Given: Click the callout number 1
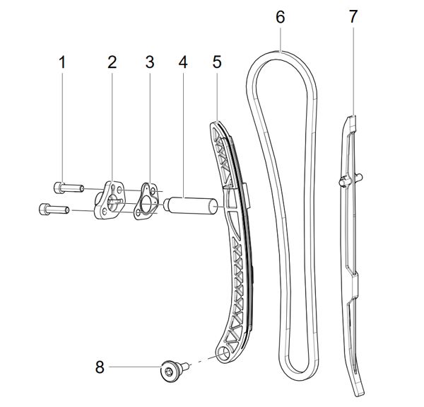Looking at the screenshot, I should tap(62, 62).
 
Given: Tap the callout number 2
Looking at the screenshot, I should tap(112, 62).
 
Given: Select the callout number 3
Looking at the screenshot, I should tap(149, 62).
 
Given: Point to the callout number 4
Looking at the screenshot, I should tap(182, 62).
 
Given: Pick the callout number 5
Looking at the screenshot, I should tap(217, 62).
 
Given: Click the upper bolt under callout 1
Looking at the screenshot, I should tap(63, 188).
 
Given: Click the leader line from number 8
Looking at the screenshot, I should tap(134, 367).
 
